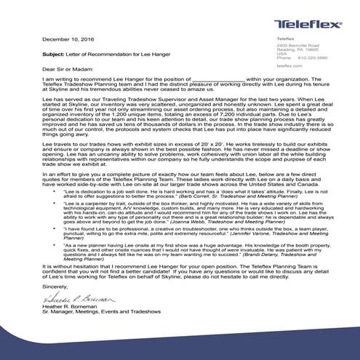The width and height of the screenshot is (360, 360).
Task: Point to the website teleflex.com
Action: tap(291, 65)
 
